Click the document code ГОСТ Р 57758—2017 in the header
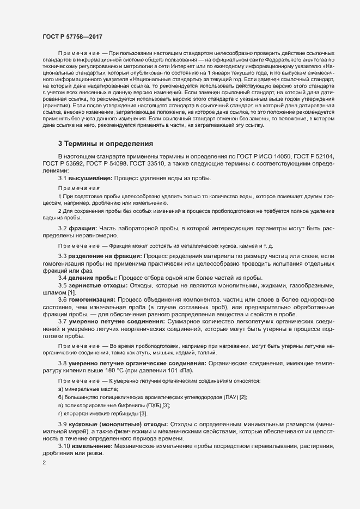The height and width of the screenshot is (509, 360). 72,35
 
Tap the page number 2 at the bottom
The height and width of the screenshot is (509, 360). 44,463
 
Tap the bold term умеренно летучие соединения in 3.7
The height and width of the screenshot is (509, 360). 112,321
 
